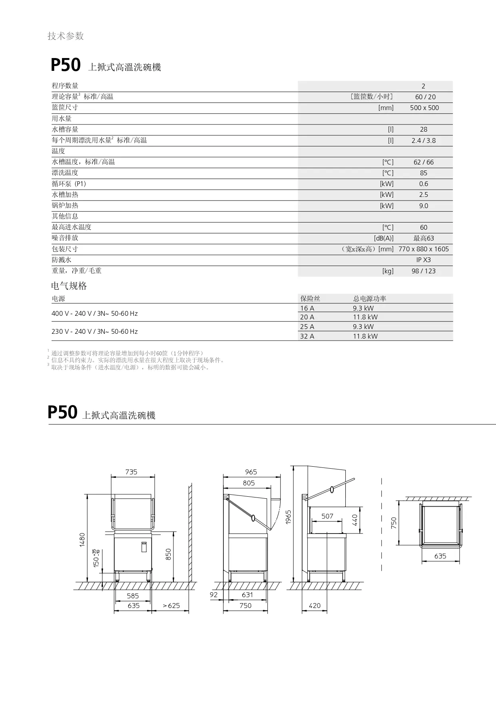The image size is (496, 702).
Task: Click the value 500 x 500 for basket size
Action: coord(424,108)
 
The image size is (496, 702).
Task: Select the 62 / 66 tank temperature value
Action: coord(423,162)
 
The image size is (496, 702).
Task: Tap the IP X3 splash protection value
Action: coord(423,260)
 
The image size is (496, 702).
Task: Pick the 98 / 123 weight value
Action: coord(423,271)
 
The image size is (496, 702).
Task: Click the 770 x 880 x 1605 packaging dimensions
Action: coord(423,249)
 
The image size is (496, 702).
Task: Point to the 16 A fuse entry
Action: coord(307,308)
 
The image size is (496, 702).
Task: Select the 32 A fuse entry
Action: coord(307,336)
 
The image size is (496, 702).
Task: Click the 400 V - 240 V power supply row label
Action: coord(94,313)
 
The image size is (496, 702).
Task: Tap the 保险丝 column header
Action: coord(310,299)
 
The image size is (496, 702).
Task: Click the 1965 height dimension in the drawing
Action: coord(289,517)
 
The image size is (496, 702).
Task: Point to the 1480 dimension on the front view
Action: coord(82,540)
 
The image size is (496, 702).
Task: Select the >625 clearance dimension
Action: coord(171,606)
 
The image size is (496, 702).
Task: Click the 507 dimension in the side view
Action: coord(327,516)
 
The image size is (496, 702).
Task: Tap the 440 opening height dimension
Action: coord(355,520)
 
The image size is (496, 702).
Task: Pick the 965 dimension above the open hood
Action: coord(251,472)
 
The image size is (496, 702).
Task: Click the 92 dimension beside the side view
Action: coord(214,595)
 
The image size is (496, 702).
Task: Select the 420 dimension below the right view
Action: coord(315,606)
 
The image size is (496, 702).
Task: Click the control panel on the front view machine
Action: coord(144,547)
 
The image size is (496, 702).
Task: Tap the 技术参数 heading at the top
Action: coord(66,36)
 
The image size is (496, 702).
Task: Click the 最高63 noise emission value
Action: coord(423,238)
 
